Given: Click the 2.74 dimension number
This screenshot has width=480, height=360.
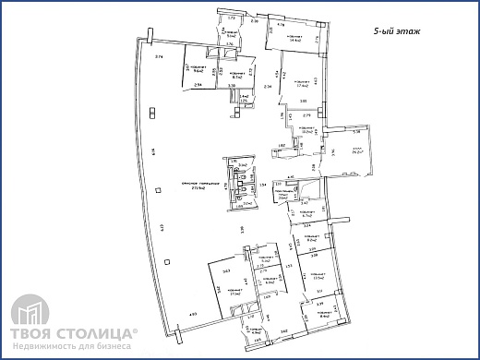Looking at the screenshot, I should click(x=159, y=58).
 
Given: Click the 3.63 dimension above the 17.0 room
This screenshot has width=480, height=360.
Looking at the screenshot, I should click(x=226, y=270).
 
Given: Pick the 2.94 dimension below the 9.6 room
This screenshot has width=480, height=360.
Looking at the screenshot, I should click(x=199, y=84).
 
